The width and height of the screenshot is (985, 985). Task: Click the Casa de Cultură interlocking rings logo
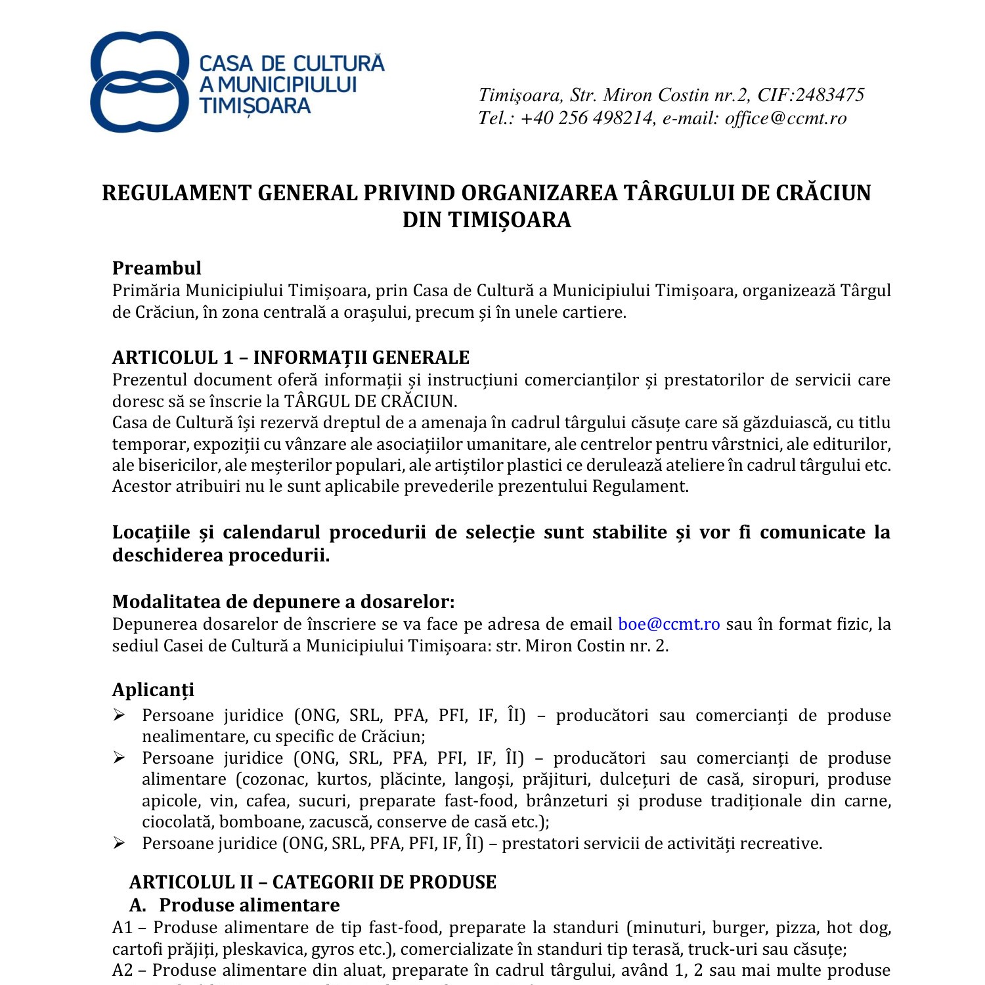point(139,81)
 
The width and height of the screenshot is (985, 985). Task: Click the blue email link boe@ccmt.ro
point(668,624)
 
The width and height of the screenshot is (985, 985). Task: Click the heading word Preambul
point(156,268)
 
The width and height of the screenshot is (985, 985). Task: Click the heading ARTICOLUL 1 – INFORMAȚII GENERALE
point(291,357)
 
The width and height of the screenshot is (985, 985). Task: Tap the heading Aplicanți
point(153,690)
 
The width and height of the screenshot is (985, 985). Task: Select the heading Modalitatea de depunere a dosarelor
point(283,602)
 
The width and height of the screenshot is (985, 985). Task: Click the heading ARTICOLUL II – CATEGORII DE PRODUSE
point(313,882)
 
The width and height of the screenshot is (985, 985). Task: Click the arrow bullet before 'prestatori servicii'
point(119,843)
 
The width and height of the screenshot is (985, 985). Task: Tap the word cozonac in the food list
point(276,779)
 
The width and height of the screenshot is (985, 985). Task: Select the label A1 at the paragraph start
point(122,928)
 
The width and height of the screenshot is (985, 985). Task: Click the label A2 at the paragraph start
point(123,971)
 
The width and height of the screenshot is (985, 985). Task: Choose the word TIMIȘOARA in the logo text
point(255,106)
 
